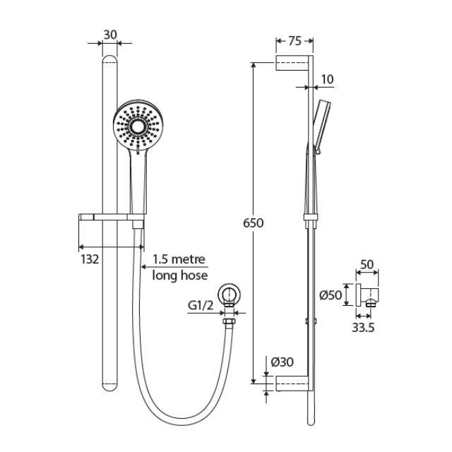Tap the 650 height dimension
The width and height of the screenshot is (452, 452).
pyautogui.click(x=254, y=222)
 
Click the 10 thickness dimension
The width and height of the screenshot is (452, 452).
pyautogui.click(x=326, y=78)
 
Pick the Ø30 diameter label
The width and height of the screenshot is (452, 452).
pyautogui.click(x=282, y=362)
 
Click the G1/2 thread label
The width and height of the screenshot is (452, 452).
pyautogui.click(x=201, y=305)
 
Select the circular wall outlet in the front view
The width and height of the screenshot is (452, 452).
pyautogui.click(x=228, y=296)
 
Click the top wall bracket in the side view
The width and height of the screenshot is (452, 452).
pyautogui.click(x=292, y=64)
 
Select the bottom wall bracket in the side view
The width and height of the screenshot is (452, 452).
pyautogui.click(x=292, y=383)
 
